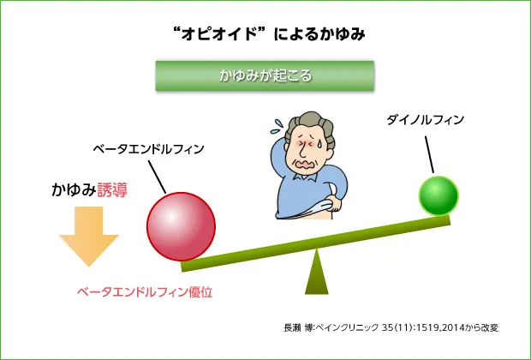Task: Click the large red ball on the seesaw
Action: (181, 226)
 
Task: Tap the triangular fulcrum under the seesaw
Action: (317, 273)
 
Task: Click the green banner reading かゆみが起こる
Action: (265, 75)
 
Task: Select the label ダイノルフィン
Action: (426, 120)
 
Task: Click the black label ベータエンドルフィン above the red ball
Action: (149, 148)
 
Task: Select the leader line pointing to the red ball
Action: (158, 177)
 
